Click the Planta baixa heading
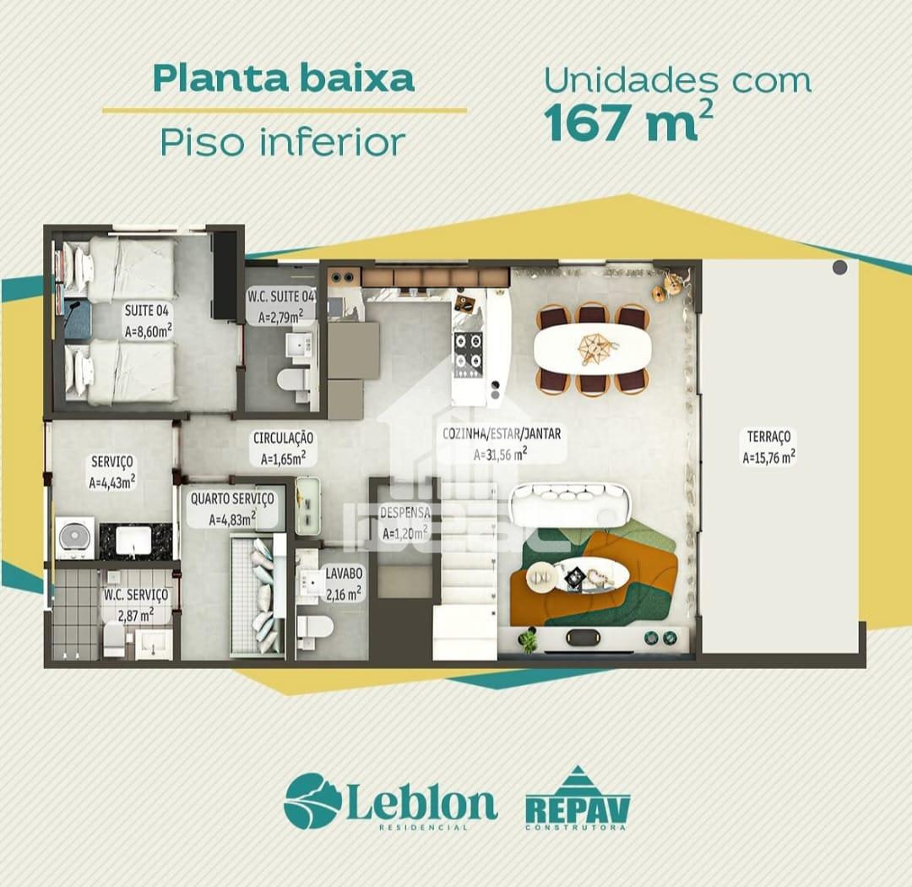click(x=283, y=79)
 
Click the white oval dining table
click(x=593, y=349)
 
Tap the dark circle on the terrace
click(x=840, y=268)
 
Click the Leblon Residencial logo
click(x=390, y=802)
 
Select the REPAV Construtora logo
click(x=578, y=798)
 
